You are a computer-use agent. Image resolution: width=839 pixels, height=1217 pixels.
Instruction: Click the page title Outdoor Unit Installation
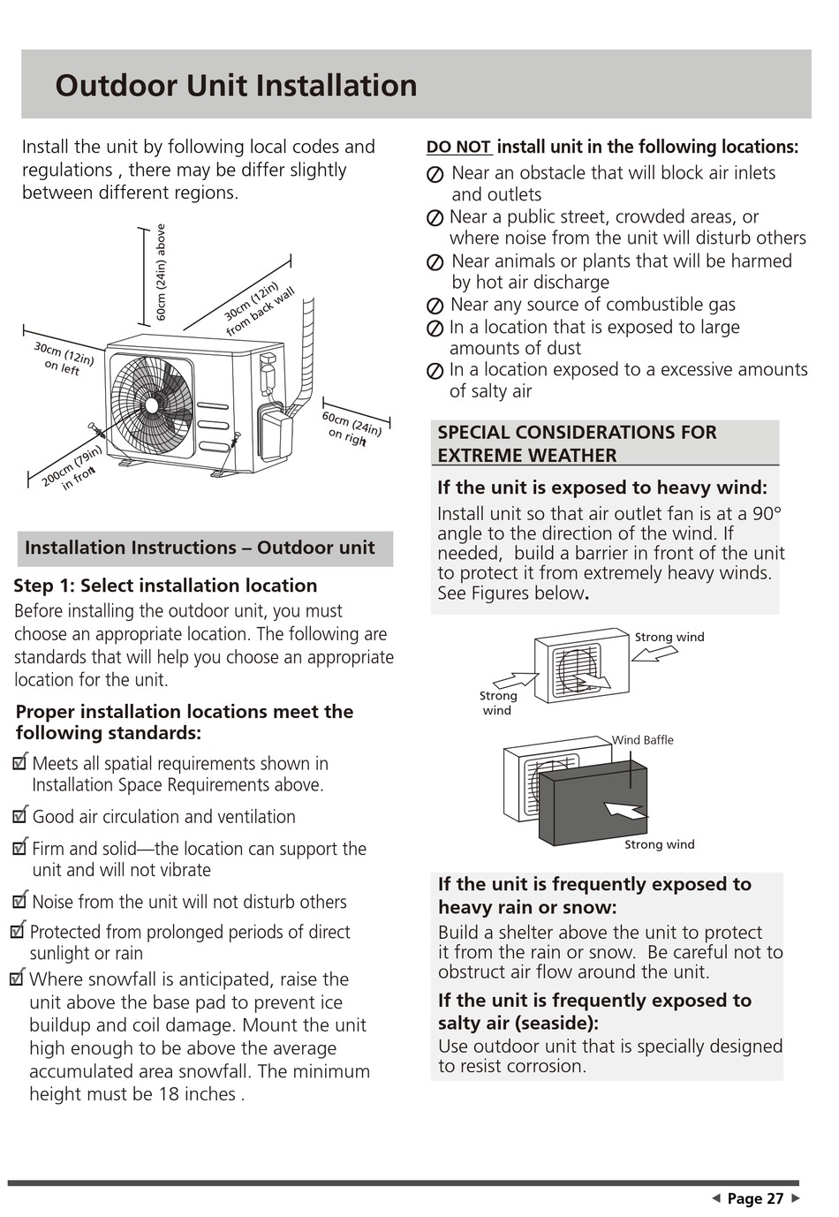236,86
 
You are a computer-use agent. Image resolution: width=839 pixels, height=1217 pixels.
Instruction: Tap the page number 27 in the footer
775,1198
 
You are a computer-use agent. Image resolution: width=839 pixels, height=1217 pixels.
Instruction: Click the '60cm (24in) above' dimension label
161,272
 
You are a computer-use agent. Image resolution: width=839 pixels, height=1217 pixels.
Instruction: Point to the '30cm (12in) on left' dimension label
64,359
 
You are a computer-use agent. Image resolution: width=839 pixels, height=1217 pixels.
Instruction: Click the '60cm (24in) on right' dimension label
351,428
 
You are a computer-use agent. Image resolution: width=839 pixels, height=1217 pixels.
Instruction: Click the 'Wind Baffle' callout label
643,740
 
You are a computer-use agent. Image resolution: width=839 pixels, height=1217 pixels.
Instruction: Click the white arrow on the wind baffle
624,810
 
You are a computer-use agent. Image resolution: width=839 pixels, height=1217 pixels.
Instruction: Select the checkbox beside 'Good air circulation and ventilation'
20,815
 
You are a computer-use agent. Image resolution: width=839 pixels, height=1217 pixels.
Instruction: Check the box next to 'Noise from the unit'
20,901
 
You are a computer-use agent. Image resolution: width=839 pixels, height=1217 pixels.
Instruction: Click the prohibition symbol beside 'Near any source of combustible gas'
435,306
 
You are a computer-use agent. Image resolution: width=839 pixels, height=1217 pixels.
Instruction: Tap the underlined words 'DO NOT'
458,147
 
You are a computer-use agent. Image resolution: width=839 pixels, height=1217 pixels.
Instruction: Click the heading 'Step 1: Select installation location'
165,586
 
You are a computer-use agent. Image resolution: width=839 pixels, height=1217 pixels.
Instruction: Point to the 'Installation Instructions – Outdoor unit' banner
200,548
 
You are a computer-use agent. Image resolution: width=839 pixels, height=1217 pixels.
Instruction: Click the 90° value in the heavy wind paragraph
766,513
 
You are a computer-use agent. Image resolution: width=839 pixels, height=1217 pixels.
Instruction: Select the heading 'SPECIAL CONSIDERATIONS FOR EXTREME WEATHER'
577,443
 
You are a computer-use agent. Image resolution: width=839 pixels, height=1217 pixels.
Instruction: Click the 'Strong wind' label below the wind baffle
659,844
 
